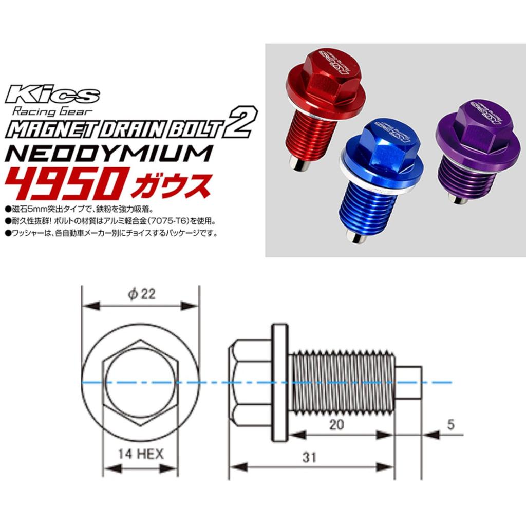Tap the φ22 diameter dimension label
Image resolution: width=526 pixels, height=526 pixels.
tap(142, 294)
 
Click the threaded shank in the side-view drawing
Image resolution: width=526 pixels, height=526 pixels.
tap(342, 383)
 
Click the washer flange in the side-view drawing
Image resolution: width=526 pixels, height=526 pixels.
tap(279, 383)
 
